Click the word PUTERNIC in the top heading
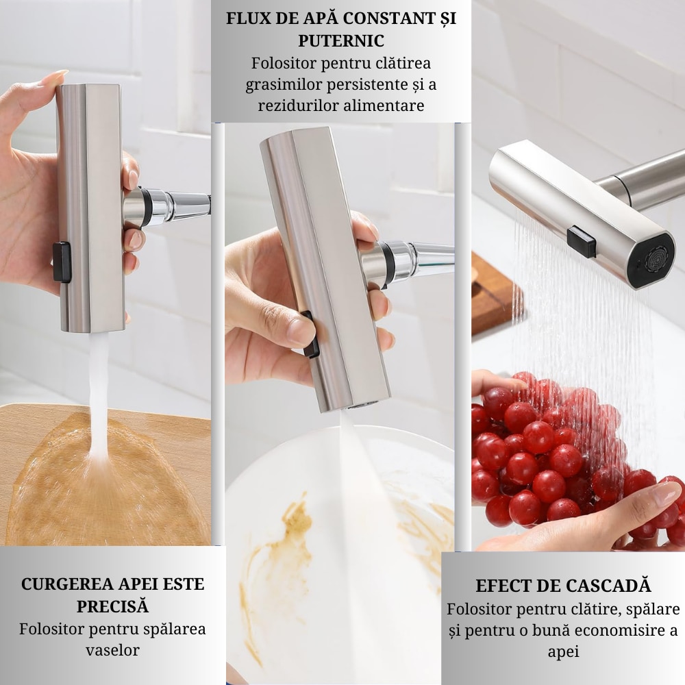(340, 40)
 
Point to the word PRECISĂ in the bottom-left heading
(112, 606)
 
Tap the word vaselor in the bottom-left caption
(112, 650)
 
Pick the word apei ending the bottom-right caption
(563, 651)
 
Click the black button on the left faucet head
(62, 262)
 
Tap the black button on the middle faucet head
(312, 335)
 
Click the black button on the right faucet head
(581, 242)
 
